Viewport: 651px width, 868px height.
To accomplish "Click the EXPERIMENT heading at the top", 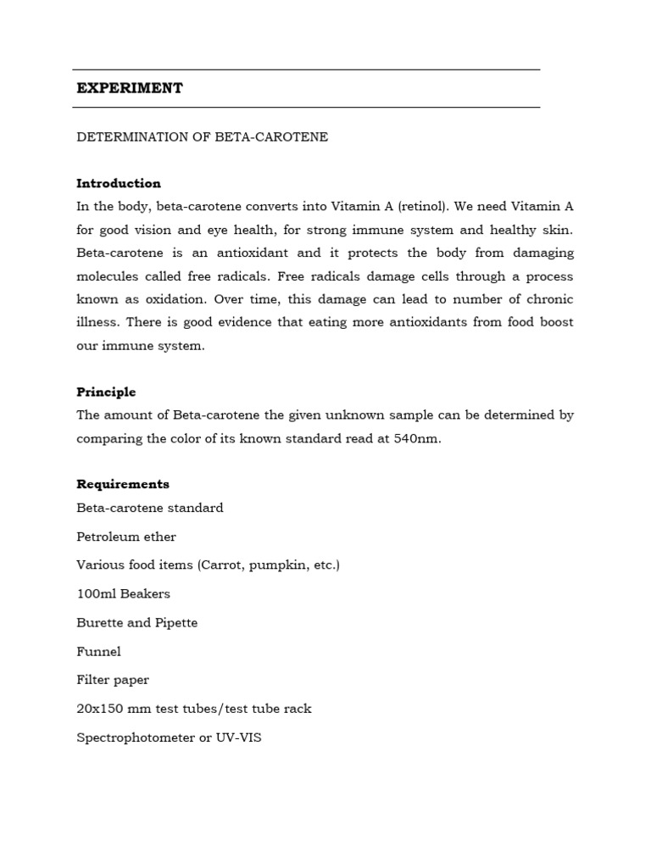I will click(x=130, y=88).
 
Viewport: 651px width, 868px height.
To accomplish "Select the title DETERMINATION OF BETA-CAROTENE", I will click(x=202, y=137).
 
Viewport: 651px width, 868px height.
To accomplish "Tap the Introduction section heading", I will click(x=119, y=183).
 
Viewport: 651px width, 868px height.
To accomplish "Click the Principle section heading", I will click(x=106, y=392).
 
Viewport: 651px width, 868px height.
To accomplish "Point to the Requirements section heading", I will click(x=123, y=484).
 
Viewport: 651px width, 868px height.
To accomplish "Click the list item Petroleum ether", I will click(x=126, y=537).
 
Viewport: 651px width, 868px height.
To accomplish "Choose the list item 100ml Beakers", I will click(x=123, y=593).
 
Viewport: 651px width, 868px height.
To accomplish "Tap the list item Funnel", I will click(x=98, y=651).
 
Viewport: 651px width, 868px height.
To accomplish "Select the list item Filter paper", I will click(x=113, y=680).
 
